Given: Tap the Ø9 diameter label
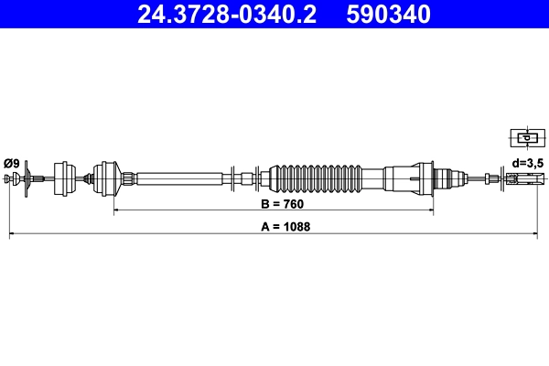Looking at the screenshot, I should [11, 163].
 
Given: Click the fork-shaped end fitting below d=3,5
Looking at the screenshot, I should [519, 178].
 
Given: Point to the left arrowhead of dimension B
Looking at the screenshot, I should [116, 211].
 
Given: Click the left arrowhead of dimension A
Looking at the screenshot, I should [12, 235].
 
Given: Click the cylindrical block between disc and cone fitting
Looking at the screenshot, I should [65, 177].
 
